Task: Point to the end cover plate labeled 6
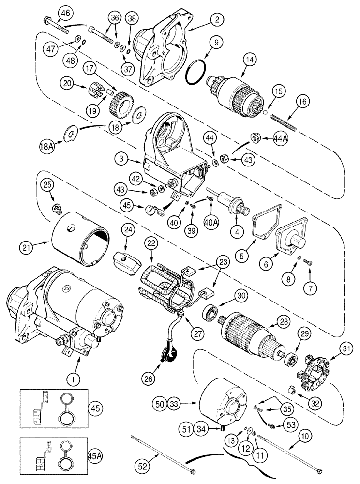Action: [x=292, y=242]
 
